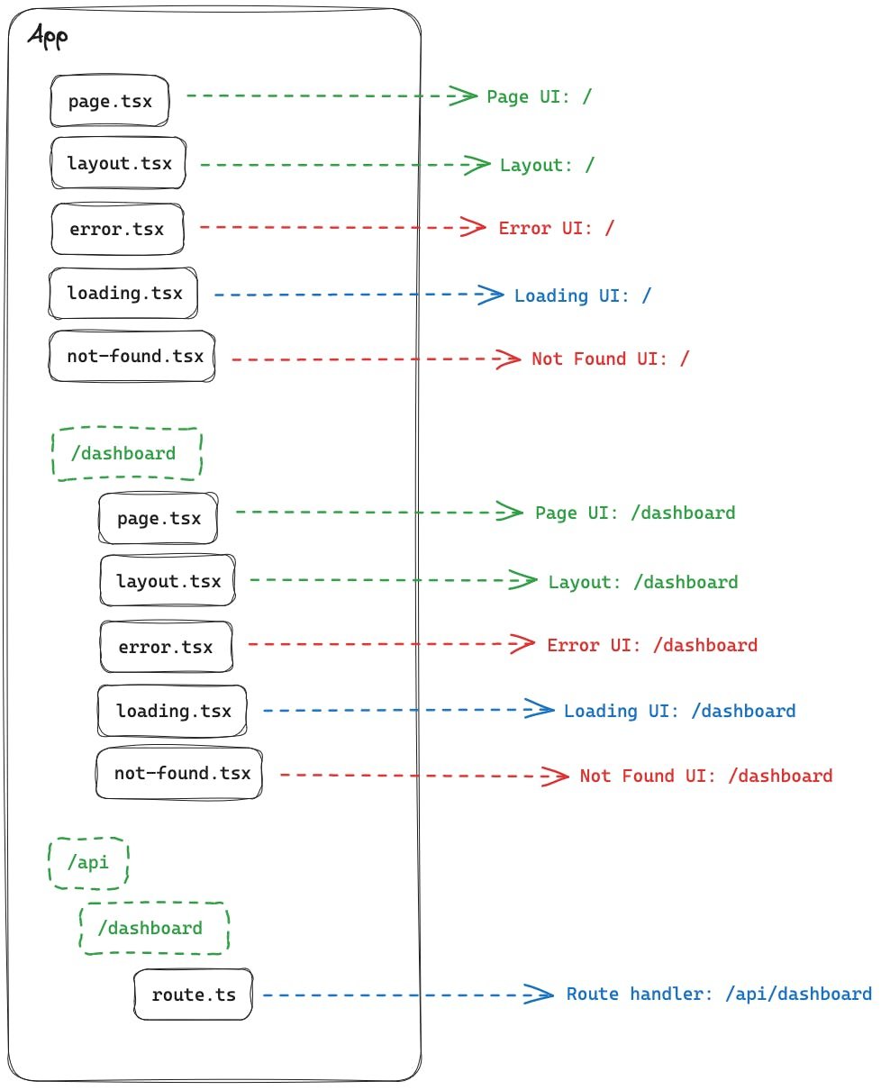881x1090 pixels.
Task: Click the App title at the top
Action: pyautogui.click(x=48, y=37)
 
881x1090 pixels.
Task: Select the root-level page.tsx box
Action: pyautogui.click(x=110, y=100)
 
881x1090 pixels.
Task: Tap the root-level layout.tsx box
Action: pyautogui.click(x=118, y=164)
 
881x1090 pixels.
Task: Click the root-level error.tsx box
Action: pyautogui.click(x=117, y=229)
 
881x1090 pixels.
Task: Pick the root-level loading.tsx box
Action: pyautogui.click(x=123, y=294)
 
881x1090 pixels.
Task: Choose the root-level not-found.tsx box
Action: pyautogui.click(x=132, y=357)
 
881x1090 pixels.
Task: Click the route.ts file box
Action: pyautogui.click(x=193, y=995)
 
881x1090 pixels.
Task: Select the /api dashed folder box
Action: pyautogui.click(x=87, y=863)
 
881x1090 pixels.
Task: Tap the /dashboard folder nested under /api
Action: pyautogui.click(x=154, y=929)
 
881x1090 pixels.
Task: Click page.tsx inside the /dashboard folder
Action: pyautogui.click(x=159, y=519)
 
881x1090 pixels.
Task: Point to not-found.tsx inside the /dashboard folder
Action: pyautogui.click(x=180, y=774)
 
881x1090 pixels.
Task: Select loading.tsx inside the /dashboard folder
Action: pyautogui.click(x=172, y=711)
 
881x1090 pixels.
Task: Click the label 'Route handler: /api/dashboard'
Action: pyautogui.click(x=718, y=995)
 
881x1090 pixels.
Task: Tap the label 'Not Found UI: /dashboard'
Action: pyautogui.click(x=705, y=776)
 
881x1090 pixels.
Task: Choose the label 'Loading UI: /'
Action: pyautogui.click(x=582, y=295)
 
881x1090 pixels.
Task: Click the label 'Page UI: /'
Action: pyautogui.click(x=539, y=96)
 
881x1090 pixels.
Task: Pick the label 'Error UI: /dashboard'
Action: pyautogui.click(x=651, y=646)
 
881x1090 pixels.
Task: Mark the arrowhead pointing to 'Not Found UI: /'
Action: pyautogui.click(x=509, y=359)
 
